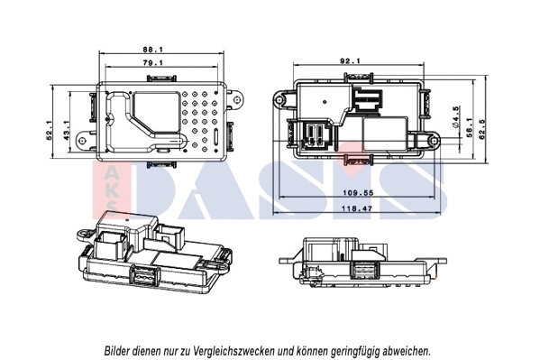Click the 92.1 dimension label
pos(350,60)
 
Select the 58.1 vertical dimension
pos(470,130)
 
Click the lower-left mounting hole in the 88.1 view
pos(84,141)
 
